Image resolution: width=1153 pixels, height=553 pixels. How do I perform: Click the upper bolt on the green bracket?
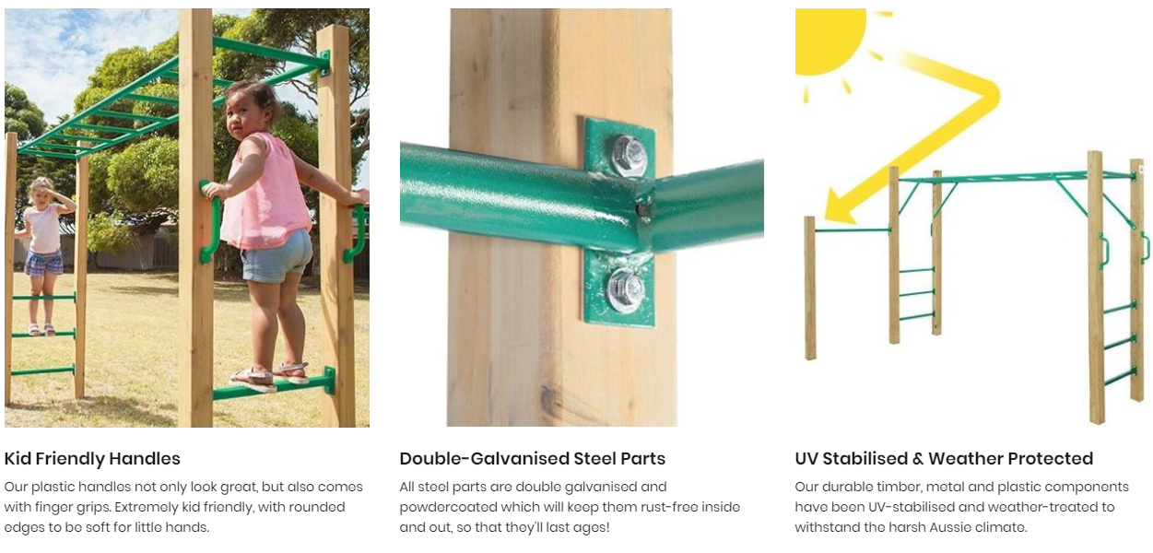[x=629, y=155]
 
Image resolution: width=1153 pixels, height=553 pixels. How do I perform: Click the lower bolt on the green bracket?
[x=626, y=291]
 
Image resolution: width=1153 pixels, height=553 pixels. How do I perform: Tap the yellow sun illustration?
[x=829, y=41]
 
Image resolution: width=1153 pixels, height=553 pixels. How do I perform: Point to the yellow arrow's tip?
[x=826, y=217]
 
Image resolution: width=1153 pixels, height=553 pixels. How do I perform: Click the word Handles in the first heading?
[x=145, y=458]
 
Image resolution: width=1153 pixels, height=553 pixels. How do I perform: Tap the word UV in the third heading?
[x=806, y=458]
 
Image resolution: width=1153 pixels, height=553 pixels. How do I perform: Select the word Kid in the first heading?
[x=18, y=458]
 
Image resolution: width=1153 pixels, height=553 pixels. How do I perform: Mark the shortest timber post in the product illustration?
[x=810, y=288]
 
